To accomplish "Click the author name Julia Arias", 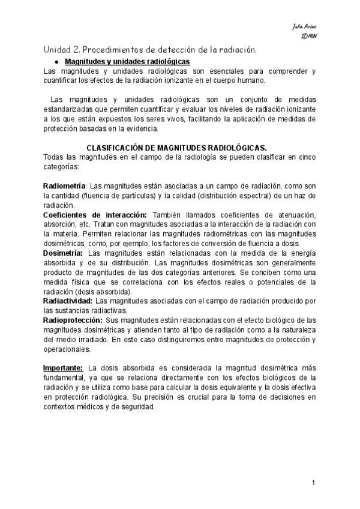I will coord(304,27).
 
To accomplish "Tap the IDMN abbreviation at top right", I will coord(308,36).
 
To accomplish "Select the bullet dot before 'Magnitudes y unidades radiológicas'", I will coord(55,62).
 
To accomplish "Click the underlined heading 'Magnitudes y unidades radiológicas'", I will coord(127,62).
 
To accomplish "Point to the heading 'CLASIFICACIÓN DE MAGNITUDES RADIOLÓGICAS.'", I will coord(177,147).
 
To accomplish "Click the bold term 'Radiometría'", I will coord(65,186).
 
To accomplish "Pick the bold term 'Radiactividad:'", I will coord(68,300).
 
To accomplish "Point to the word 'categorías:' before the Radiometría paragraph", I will coord(62,166).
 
